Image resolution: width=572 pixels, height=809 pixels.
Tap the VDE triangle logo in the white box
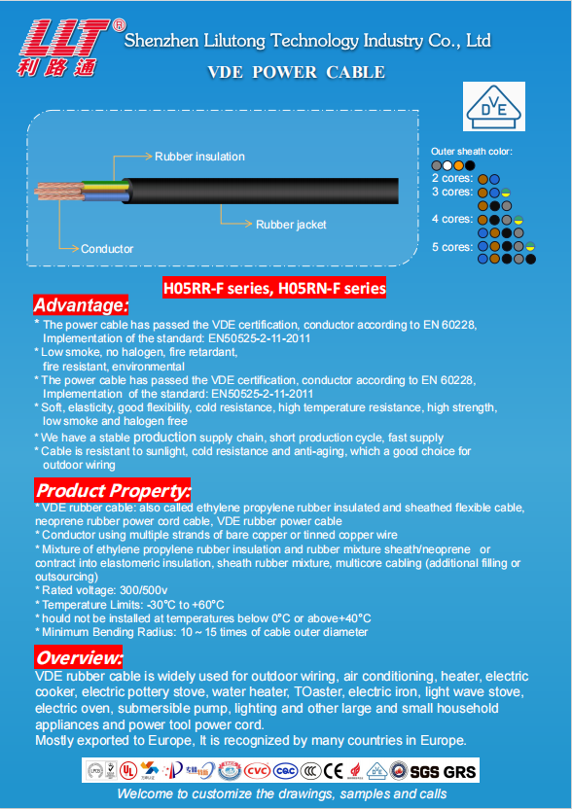pyautogui.click(x=493, y=106)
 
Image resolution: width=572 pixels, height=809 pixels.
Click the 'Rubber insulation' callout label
pyautogui.click(x=199, y=157)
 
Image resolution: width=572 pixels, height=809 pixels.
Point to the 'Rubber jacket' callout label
pyautogui.click(x=291, y=225)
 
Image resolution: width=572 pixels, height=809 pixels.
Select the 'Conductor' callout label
pyautogui.click(x=107, y=249)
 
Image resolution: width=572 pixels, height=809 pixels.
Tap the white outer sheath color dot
pyautogui.click(x=447, y=165)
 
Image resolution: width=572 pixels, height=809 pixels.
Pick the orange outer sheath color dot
pyautogui.click(x=458, y=165)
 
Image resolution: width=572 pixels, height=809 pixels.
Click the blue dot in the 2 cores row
pyautogui.click(x=494, y=180)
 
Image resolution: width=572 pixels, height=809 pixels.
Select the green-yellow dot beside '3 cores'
pyautogui.click(x=506, y=193)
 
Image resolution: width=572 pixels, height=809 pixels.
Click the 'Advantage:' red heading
pyautogui.click(x=81, y=305)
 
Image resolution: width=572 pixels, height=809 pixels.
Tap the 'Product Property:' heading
pyautogui.click(x=113, y=490)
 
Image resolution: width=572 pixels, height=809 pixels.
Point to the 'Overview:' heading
pyautogui.click(x=79, y=657)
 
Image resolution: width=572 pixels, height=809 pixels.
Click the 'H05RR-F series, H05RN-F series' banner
pyautogui.click(x=274, y=288)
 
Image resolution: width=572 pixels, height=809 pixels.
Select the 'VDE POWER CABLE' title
pyautogui.click(x=297, y=72)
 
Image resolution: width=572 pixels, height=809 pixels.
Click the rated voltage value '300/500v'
pyautogui.click(x=144, y=591)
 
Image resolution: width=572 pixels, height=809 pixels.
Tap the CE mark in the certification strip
pyautogui.click(x=334, y=771)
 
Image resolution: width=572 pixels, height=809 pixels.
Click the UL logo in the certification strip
pyautogui.click(x=127, y=771)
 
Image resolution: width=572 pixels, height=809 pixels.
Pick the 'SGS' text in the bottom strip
pyautogui.click(x=425, y=771)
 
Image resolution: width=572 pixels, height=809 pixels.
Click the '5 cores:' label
pyautogui.click(x=452, y=247)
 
